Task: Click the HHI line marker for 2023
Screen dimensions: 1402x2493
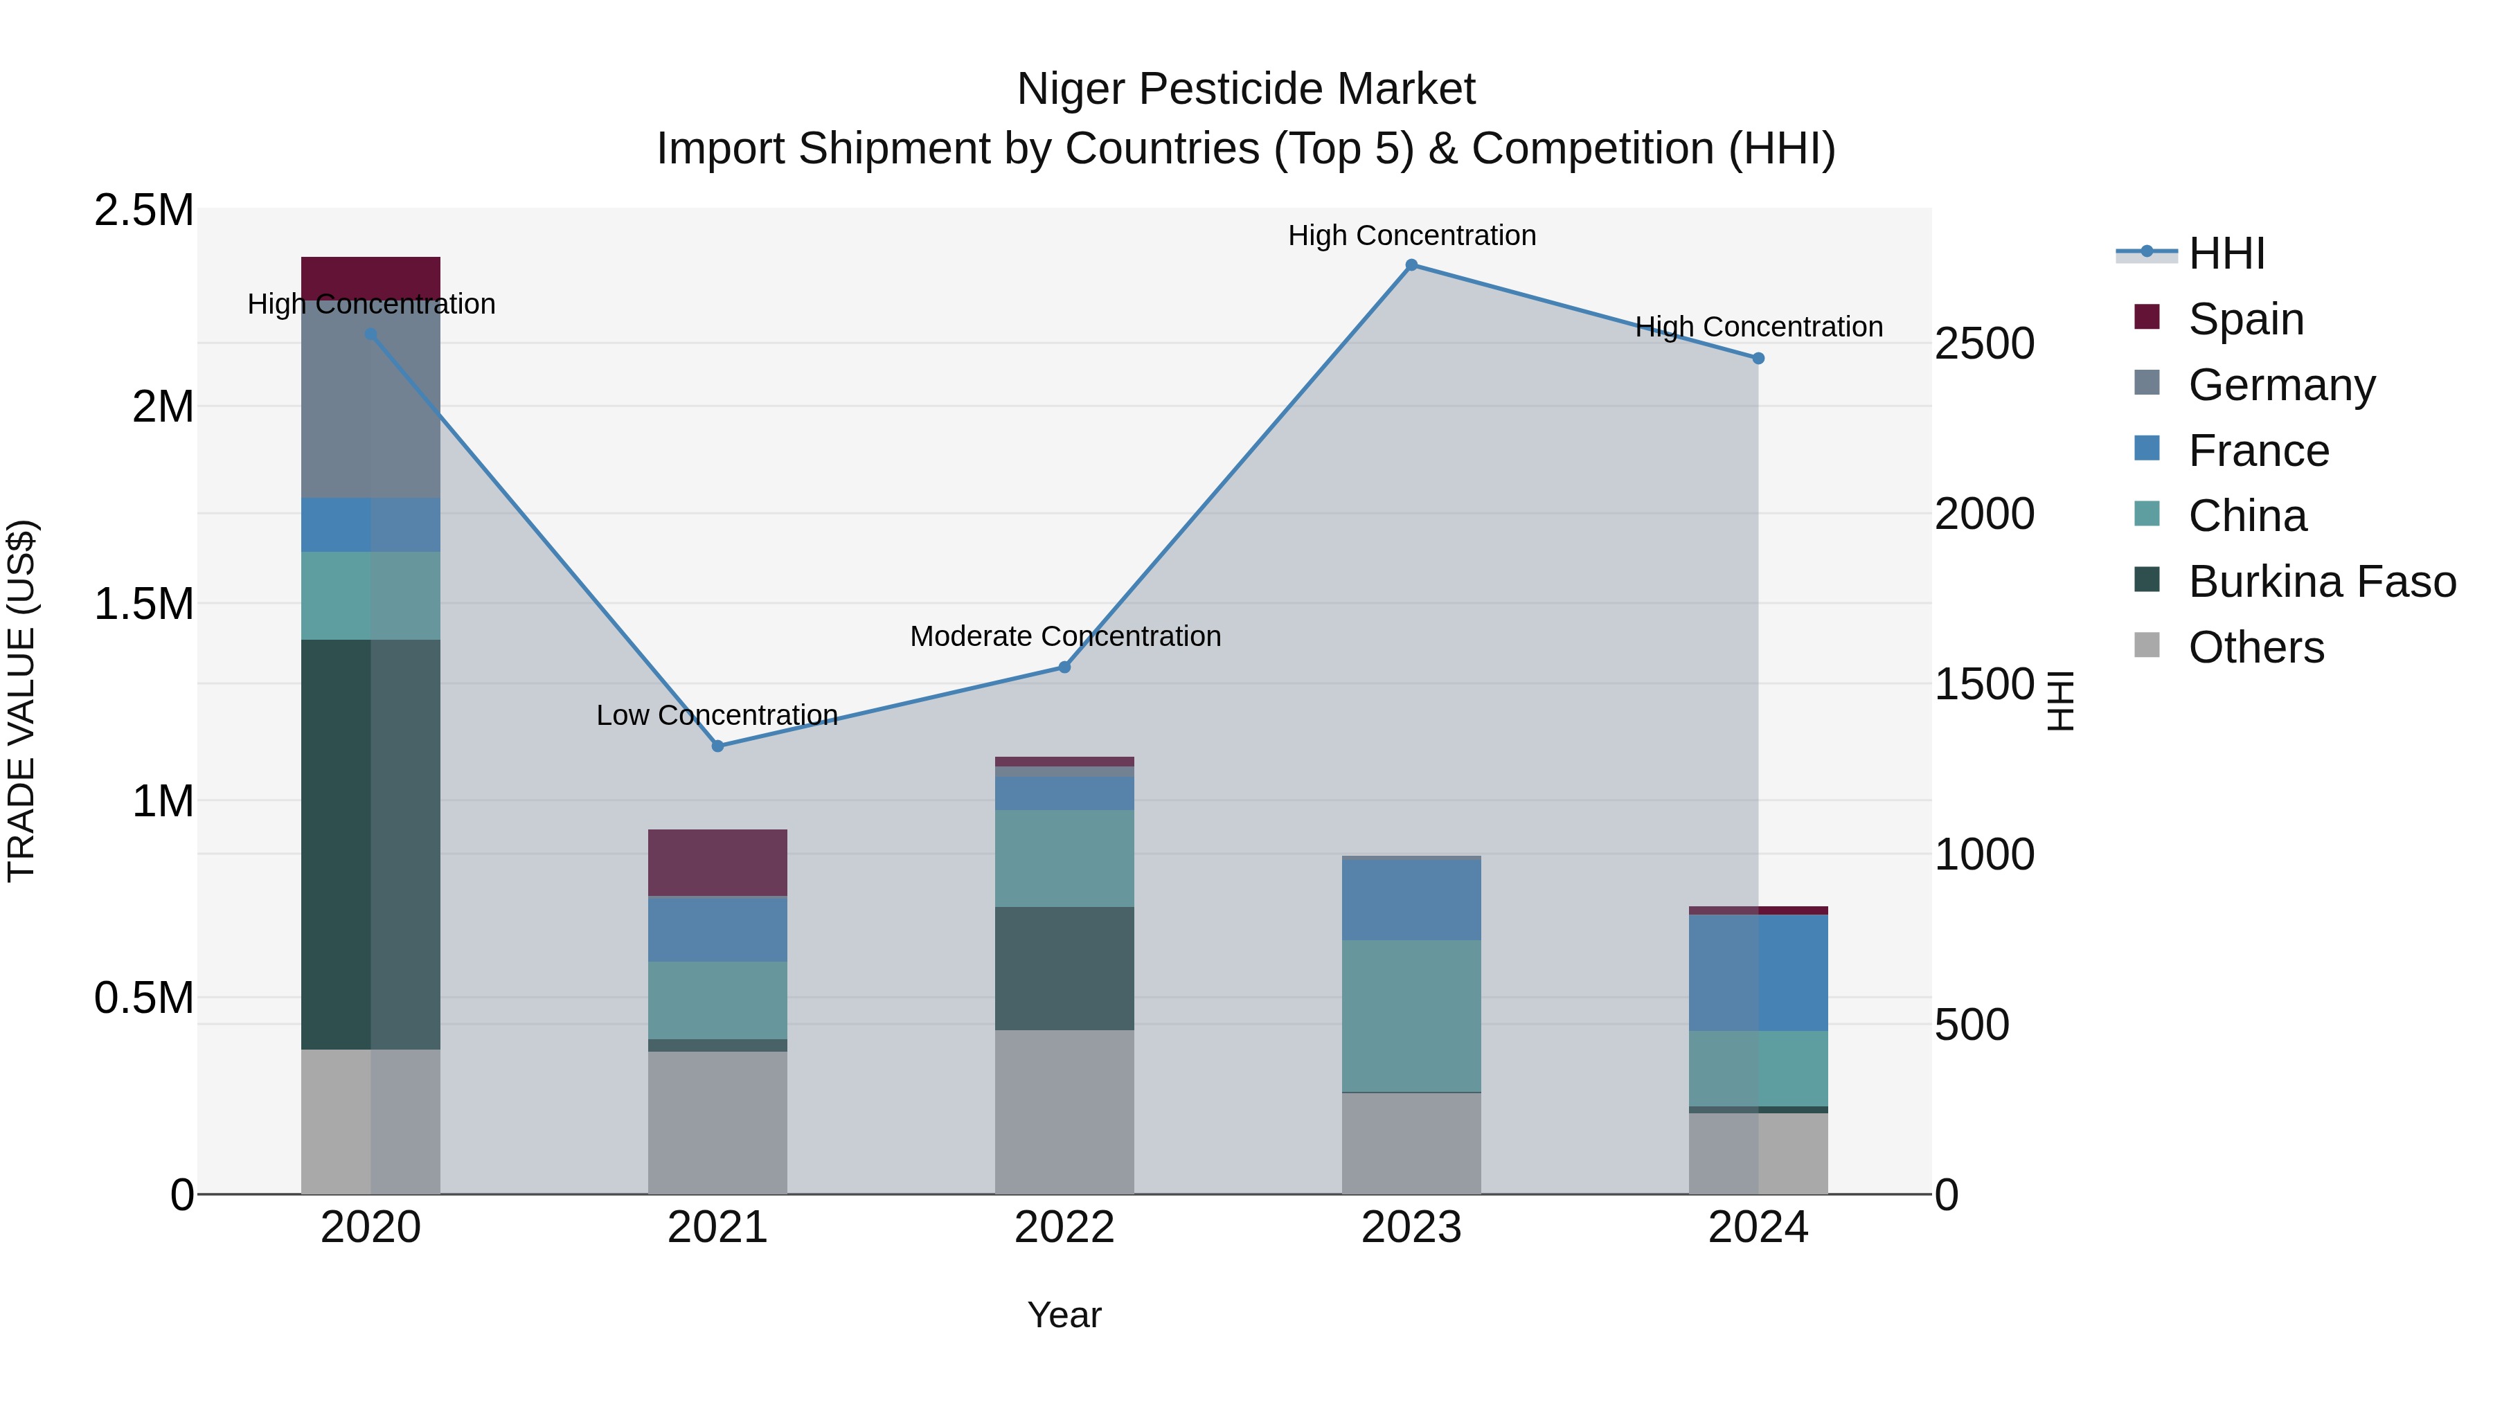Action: click(1411, 265)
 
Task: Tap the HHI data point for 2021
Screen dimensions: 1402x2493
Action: click(717, 746)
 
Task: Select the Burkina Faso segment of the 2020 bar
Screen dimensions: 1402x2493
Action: click(370, 844)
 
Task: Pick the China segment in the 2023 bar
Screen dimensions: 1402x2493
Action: click(1411, 1015)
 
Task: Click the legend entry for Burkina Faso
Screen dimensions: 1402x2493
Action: click(2321, 582)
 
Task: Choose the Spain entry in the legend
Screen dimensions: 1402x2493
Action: click(2245, 319)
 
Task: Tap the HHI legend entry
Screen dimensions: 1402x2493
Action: click(2225, 253)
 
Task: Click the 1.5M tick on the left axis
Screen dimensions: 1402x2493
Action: click(144, 604)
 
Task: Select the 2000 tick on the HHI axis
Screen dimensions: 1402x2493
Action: click(1984, 514)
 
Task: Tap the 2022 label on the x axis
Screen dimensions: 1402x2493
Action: click(1064, 1227)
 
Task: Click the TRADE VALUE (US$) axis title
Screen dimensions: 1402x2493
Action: click(21, 701)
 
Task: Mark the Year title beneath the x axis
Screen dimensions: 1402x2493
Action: click(1064, 1315)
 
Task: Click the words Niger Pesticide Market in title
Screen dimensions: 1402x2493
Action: click(1246, 89)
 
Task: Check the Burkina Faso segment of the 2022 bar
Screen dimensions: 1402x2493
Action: click(1064, 968)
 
